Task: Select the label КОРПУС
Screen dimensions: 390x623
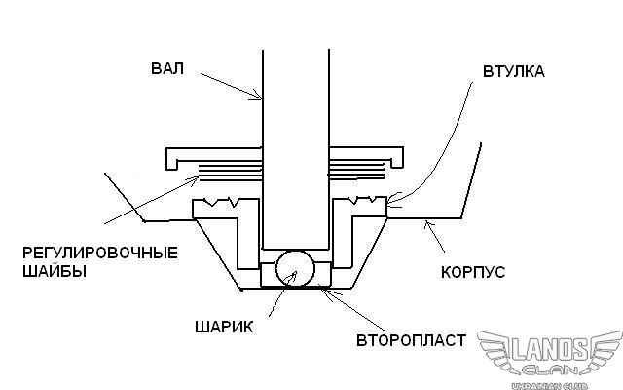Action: (x=473, y=270)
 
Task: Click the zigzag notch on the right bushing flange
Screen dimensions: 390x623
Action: (x=363, y=202)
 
